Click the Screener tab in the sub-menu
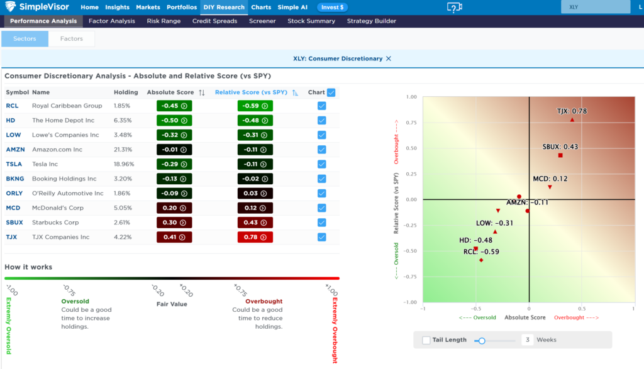pos(262,21)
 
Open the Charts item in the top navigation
pos(261,8)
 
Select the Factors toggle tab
pos(71,39)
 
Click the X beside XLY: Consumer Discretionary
pos(389,58)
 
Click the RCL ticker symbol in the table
pos(13,106)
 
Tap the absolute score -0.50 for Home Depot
pos(174,121)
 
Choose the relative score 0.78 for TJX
pos(255,237)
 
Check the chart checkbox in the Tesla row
pos(322,164)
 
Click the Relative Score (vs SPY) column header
pos(251,92)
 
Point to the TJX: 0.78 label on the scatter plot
pos(572,111)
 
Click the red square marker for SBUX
pos(560,155)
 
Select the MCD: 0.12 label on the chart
pos(550,179)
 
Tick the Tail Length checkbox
pos(426,340)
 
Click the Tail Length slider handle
pos(482,340)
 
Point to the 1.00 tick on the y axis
pos(412,97)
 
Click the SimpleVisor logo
pos(38,8)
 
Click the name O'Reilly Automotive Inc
pos(68,194)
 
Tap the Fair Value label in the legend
pos(172,304)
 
